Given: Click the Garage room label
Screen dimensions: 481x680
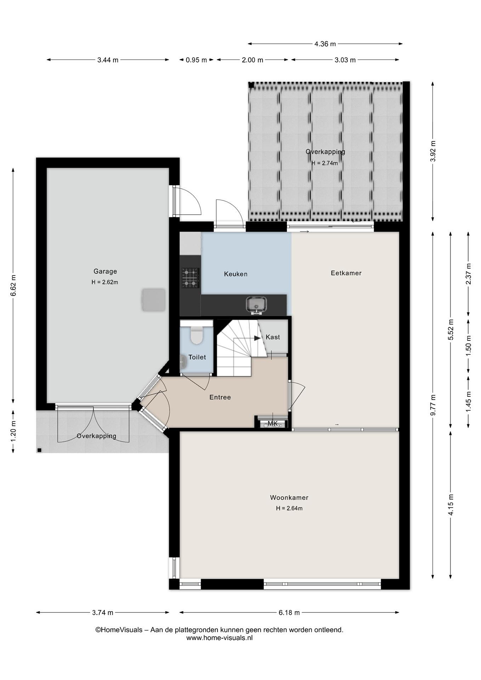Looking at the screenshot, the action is [105, 271].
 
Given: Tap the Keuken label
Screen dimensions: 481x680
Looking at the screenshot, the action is [235, 274].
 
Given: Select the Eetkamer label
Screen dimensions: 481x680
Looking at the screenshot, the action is [346, 273].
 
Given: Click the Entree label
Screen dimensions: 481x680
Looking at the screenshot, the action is [220, 397].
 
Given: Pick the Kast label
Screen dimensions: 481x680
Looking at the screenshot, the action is [272, 337].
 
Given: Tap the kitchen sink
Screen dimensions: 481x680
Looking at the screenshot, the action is [256, 305].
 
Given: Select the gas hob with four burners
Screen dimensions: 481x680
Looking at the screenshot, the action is [191, 278].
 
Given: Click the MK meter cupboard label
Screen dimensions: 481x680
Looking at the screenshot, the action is [272, 424].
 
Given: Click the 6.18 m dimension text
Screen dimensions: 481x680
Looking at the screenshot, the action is [289, 612].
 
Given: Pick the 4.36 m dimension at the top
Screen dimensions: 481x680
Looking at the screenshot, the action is [325, 44].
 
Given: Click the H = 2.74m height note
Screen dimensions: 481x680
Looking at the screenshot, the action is [325, 163].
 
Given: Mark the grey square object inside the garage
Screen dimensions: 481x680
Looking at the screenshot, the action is [153, 300].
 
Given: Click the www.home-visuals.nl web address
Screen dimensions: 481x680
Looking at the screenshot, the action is [219, 638].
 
